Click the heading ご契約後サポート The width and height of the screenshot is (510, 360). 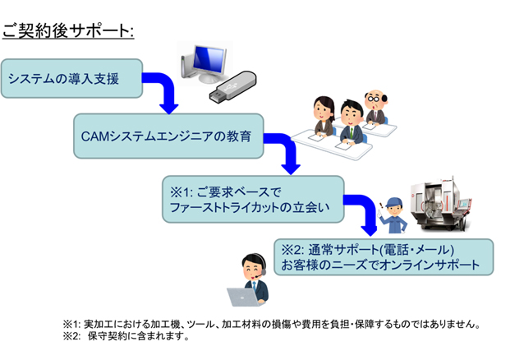(x=68, y=31)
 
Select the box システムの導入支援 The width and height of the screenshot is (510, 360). (x=72, y=78)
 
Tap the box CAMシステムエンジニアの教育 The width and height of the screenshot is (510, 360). (x=168, y=136)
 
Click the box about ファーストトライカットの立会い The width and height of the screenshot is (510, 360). (x=253, y=199)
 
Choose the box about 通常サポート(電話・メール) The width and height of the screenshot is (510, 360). (x=384, y=257)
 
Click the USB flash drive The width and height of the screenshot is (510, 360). (x=232, y=85)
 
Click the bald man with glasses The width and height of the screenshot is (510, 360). (x=376, y=107)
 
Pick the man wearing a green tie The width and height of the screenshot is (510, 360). (x=351, y=122)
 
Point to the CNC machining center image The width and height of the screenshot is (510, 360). (x=441, y=204)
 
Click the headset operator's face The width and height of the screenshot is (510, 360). (x=253, y=270)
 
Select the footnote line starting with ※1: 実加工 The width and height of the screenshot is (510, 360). (x=272, y=324)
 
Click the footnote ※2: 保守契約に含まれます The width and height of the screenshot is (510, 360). (x=126, y=336)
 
